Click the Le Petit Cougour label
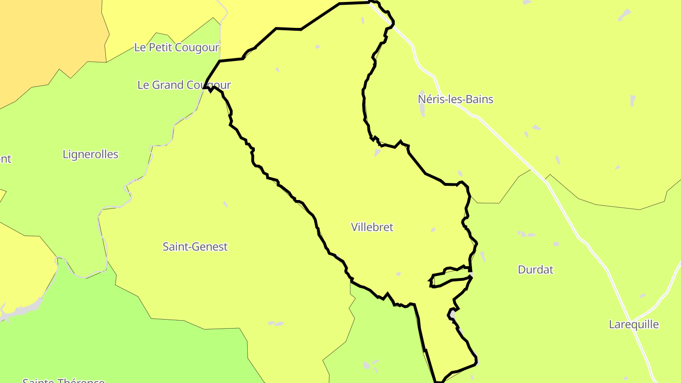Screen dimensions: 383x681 [x=177, y=48]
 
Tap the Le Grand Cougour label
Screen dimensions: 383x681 [x=184, y=85]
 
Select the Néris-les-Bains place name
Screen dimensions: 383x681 [x=455, y=99]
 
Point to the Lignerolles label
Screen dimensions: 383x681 [x=90, y=155]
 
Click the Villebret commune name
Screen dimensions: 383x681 [x=372, y=227]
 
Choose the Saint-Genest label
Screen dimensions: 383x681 [x=195, y=247]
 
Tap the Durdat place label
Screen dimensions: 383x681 [x=535, y=270]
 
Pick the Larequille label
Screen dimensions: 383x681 [x=634, y=325]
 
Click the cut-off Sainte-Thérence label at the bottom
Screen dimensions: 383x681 [x=63, y=380]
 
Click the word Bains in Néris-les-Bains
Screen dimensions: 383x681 [x=480, y=99]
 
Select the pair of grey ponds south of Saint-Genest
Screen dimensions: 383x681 [x=276, y=324]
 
